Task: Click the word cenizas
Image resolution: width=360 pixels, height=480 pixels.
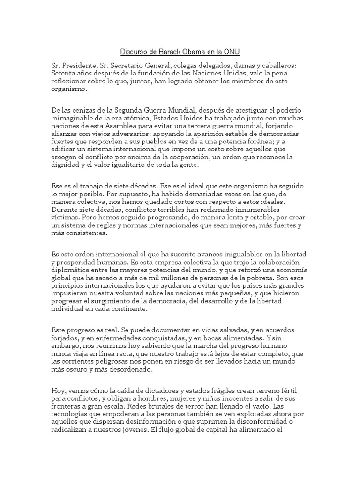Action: tap(87, 109)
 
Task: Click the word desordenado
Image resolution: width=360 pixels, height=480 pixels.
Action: tap(129, 370)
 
